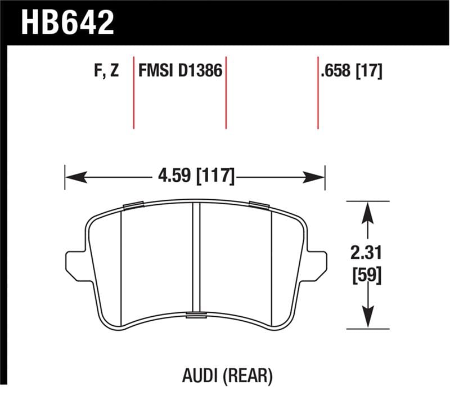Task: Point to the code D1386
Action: tap(200, 71)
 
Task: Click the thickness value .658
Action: tap(336, 71)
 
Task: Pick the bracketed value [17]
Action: tap(369, 71)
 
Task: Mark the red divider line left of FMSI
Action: tap(134, 93)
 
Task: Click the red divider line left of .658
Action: tap(318, 93)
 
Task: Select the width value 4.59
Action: tap(173, 176)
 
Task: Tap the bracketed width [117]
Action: tap(214, 176)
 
